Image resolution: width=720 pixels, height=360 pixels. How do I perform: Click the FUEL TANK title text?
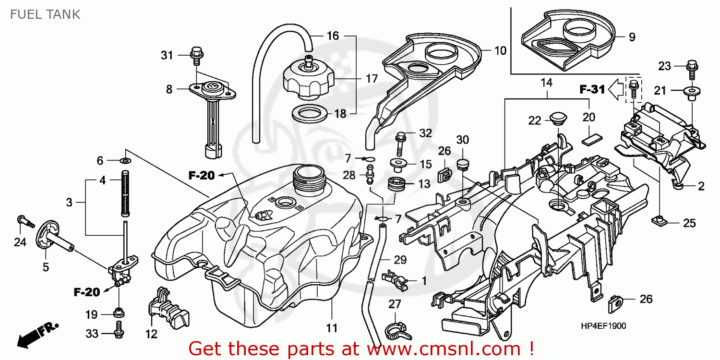(45, 14)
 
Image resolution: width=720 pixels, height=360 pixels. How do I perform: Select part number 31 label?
(167, 56)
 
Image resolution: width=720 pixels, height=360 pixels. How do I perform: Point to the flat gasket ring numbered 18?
(310, 114)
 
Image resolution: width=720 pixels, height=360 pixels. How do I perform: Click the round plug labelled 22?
(557, 118)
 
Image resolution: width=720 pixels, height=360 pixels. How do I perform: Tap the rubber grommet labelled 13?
(397, 184)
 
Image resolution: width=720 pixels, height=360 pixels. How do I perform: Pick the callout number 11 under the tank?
(332, 329)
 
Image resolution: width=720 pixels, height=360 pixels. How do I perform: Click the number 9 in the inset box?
(632, 36)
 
